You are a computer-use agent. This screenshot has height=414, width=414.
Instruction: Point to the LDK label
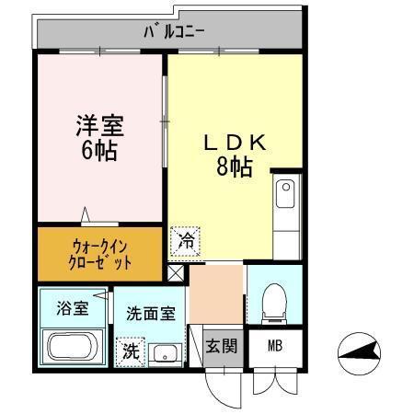tap(235, 144)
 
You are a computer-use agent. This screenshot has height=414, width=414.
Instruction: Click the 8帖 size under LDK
tap(235, 167)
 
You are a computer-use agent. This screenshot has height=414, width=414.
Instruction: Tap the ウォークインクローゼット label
tap(101, 254)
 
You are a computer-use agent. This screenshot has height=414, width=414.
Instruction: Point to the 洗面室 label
tap(150, 313)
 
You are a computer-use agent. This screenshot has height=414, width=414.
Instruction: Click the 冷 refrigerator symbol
tap(186, 242)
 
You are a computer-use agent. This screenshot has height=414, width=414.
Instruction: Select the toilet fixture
tap(274, 304)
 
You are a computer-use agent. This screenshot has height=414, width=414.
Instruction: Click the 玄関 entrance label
tap(221, 346)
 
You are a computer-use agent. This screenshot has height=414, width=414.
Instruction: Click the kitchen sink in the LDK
tap(285, 195)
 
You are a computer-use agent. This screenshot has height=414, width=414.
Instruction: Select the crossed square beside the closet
tap(177, 273)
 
